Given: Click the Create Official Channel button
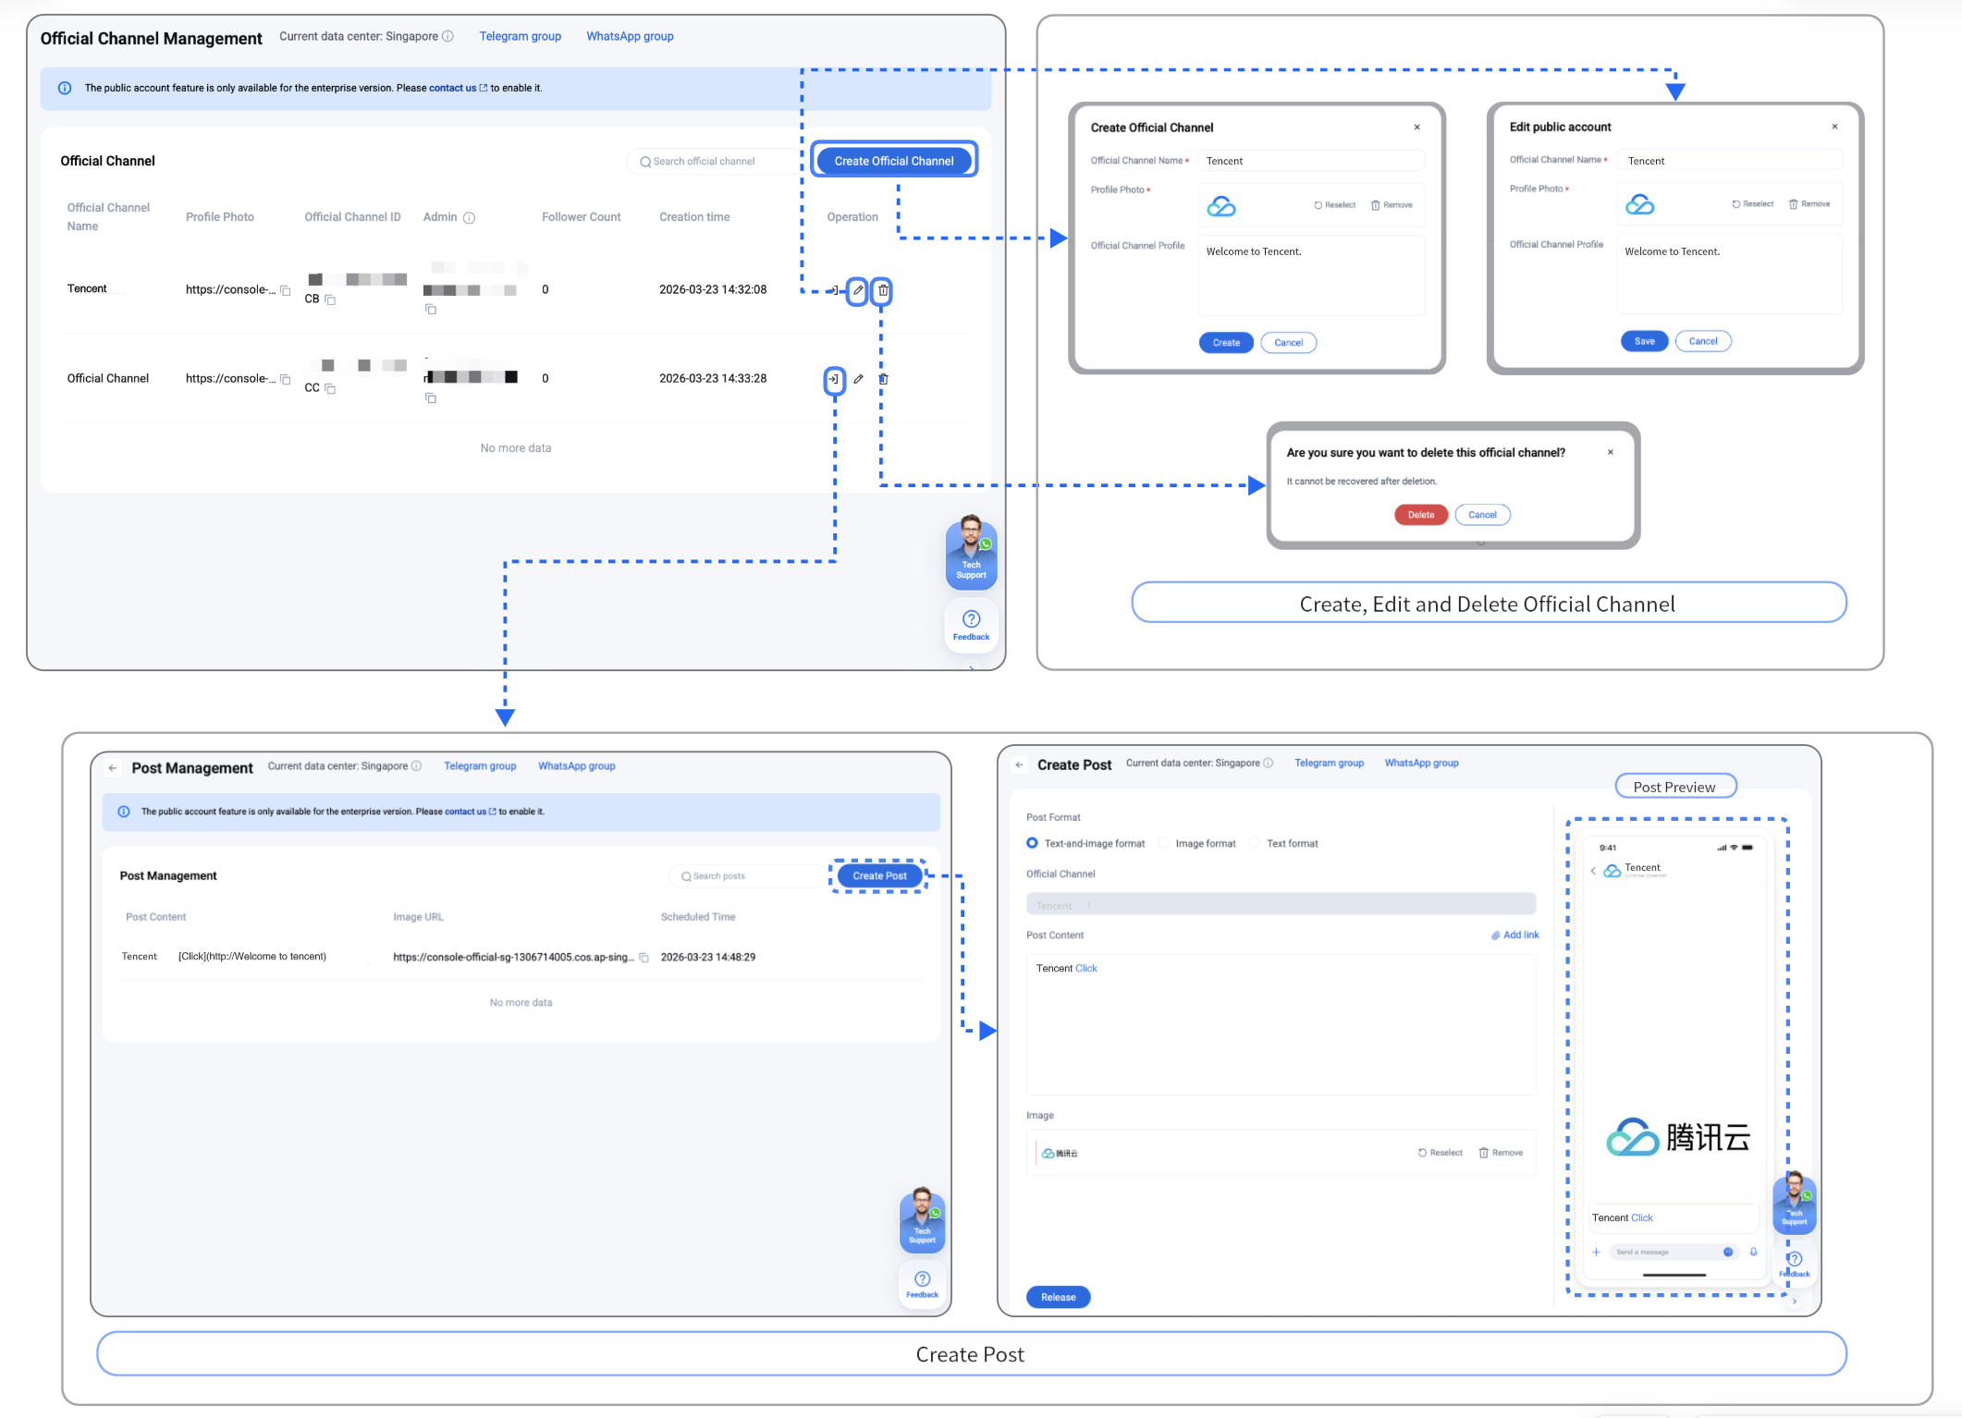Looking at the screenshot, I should tap(893, 161).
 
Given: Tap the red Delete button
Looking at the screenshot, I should tap(1420, 515).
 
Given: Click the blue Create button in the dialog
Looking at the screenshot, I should tap(1226, 343).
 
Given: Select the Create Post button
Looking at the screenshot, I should tap(879, 876).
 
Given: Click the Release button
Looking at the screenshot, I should tap(1058, 1297).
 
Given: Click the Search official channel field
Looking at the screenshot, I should tap(712, 162).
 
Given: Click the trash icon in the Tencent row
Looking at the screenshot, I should tap(883, 290).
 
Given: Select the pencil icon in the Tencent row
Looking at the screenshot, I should tap(858, 290).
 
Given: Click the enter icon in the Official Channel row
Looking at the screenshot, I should tap(834, 379).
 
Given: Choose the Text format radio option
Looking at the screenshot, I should tap(1255, 843).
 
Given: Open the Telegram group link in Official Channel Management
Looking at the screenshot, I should tap(520, 36).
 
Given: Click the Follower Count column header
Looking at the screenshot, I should tap(581, 217).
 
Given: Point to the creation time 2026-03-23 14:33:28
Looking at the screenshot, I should tap(712, 378).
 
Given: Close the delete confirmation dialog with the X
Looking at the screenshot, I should tap(1611, 452).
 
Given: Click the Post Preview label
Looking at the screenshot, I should tap(1674, 787).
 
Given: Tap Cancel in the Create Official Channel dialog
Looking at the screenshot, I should tap(1288, 343).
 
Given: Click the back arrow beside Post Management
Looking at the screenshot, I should tap(113, 768).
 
